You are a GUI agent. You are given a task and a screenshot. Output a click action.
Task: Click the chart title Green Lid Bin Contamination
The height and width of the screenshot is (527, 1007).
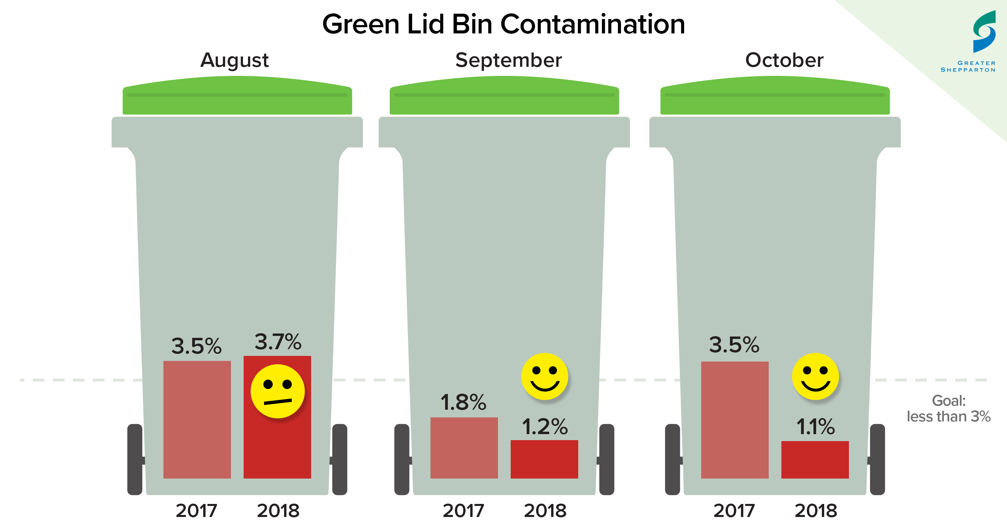pyautogui.click(x=503, y=24)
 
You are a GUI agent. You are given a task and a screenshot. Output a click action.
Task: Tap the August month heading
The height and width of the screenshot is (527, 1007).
pyautogui.click(x=235, y=60)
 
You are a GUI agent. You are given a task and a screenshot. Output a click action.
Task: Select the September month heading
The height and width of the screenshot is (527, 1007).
pyautogui.click(x=508, y=60)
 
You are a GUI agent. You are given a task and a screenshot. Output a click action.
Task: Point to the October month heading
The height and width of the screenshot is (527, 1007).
pyautogui.click(x=784, y=60)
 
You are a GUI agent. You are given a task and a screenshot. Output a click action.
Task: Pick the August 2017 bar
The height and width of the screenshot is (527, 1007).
pyautogui.click(x=197, y=419)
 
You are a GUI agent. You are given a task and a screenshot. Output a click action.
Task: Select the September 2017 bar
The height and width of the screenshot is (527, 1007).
pyautogui.click(x=464, y=448)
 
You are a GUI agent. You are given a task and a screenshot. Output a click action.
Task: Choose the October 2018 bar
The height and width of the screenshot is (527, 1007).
pyautogui.click(x=815, y=459)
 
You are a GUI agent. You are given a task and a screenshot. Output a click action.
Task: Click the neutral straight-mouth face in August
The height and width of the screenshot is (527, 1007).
pyautogui.click(x=277, y=391)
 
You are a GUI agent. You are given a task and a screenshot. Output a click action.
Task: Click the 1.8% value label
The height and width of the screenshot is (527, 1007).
pyautogui.click(x=463, y=402)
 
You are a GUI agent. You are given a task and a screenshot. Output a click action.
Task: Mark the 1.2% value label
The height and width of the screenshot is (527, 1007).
pyautogui.click(x=544, y=426)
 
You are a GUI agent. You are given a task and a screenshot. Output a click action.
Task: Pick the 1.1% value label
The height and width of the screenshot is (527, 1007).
pyautogui.click(x=815, y=426)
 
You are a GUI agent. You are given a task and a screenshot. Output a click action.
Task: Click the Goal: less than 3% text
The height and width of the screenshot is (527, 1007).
pyautogui.click(x=949, y=409)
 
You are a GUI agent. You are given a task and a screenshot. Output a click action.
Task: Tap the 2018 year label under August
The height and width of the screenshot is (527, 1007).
pyautogui.click(x=278, y=511)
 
